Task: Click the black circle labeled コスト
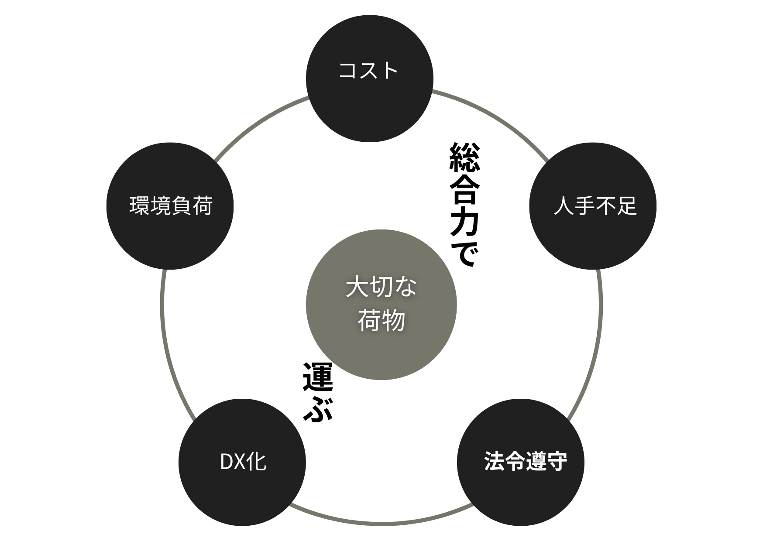pos(369,79)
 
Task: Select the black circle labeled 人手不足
pos(592,206)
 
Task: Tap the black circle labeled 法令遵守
pos(520,462)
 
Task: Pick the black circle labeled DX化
pos(242,462)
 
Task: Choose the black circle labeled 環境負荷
pos(170,206)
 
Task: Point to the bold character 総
pos(464,157)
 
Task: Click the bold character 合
pos(464,190)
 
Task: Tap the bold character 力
pos(464,222)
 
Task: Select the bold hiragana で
pos(464,253)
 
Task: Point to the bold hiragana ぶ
pos(318,408)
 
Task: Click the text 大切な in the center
pos(381,288)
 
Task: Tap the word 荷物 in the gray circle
pos(381,321)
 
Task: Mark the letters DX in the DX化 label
pos(231,462)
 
